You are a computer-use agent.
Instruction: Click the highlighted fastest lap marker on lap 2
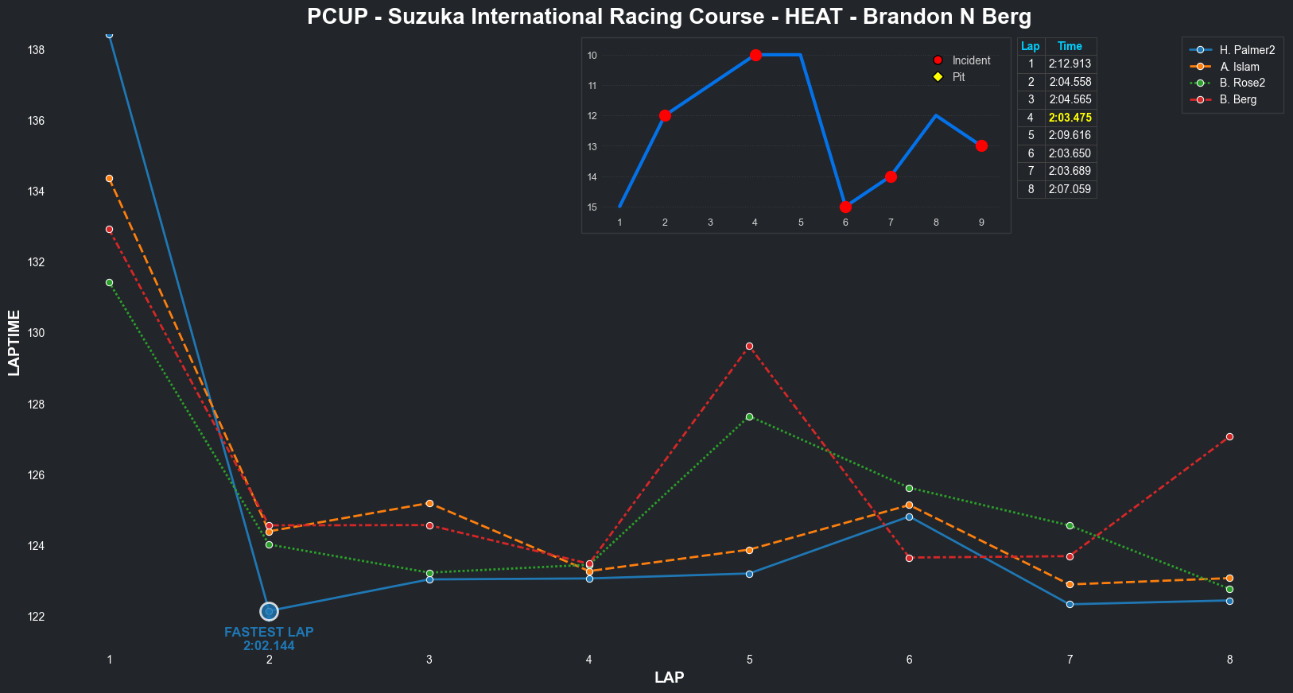(269, 611)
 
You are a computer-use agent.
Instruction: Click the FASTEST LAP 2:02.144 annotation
(269, 639)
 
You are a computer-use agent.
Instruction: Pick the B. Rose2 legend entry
(1241, 83)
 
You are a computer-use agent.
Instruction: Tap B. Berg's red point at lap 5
(749, 346)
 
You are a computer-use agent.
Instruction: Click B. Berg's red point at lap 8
(1229, 436)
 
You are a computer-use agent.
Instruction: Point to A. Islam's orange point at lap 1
(109, 179)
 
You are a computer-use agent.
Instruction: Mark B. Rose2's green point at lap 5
(749, 416)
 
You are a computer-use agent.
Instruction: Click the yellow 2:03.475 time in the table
(1070, 118)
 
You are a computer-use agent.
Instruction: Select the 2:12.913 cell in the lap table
(1070, 64)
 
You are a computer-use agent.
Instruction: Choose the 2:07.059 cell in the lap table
(1070, 189)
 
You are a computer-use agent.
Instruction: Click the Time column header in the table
(1070, 46)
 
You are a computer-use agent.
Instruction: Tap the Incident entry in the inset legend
(971, 60)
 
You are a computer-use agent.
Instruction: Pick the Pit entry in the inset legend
(958, 77)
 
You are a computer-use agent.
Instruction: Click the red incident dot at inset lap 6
(845, 207)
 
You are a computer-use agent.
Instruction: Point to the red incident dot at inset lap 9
(981, 146)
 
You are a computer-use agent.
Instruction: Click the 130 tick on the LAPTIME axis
(36, 333)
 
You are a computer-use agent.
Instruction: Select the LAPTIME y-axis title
(14, 343)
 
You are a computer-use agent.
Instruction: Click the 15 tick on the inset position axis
(592, 207)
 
